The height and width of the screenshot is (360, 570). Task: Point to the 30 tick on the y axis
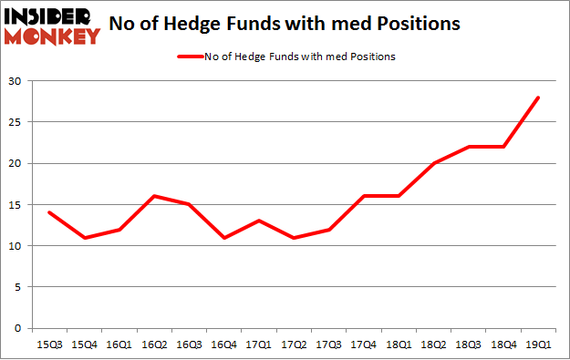[x=19, y=81]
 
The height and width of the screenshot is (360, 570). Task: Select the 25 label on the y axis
[x=19, y=122]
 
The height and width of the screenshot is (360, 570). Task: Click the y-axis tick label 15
[x=19, y=205]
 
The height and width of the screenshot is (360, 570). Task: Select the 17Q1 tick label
[x=260, y=345]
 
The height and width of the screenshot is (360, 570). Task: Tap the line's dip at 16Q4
[x=224, y=237]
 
